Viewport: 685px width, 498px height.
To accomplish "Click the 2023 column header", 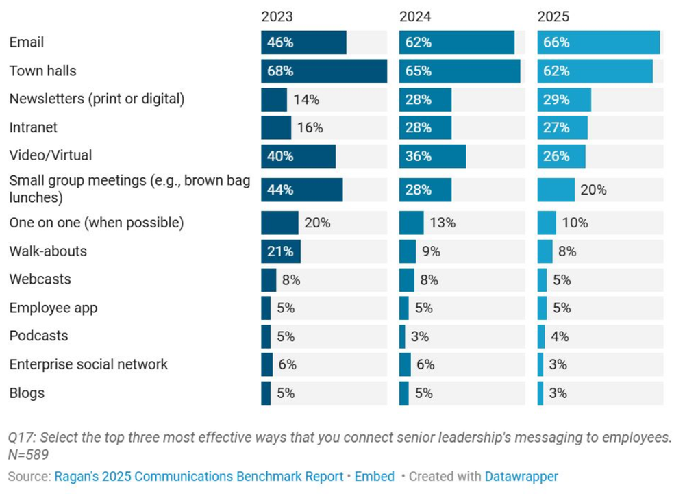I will tap(277, 16).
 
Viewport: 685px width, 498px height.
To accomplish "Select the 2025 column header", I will tap(553, 16).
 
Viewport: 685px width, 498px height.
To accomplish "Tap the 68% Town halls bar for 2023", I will tap(323, 71).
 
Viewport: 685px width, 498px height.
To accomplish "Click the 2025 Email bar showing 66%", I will tap(598, 42).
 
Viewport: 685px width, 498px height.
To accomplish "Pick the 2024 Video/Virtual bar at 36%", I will tap(432, 156).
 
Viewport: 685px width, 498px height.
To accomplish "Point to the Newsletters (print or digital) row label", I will tap(97, 99).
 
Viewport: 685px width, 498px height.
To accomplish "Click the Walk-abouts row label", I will tap(48, 251).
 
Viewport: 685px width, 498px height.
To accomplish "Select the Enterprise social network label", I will tap(88, 364).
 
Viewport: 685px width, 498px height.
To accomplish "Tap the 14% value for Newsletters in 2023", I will tap(306, 100).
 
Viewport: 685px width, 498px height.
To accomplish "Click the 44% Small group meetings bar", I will tap(301, 190).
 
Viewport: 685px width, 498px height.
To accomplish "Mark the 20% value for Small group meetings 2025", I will tap(593, 190).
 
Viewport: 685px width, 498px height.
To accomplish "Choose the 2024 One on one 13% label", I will tap(443, 223).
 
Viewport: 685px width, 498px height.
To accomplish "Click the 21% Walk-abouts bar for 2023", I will tap(280, 251).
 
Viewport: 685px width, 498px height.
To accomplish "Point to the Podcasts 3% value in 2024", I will tap(420, 336).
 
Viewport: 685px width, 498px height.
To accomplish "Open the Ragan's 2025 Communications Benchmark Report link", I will tap(199, 477).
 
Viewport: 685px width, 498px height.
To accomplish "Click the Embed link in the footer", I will tap(374, 477).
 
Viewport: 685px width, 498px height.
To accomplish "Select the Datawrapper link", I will tap(521, 477).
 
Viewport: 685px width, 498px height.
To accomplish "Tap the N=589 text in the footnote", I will tap(28, 454).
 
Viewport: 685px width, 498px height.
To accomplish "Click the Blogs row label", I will tap(27, 393).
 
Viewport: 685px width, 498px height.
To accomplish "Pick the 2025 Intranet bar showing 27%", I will tap(562, 127).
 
